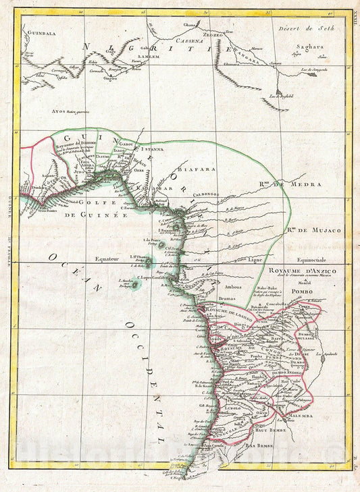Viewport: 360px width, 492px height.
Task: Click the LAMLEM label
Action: point(149,58)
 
